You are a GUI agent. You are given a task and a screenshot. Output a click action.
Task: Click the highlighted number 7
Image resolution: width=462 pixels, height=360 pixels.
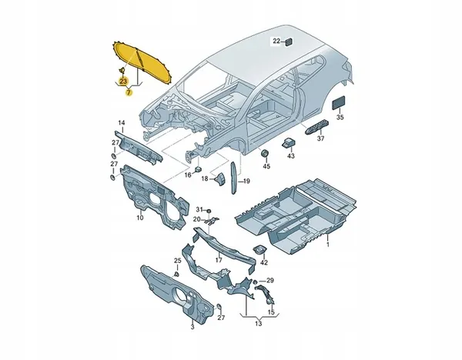point(129,91)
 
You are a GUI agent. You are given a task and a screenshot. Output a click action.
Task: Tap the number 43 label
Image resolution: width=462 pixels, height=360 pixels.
point(291,156)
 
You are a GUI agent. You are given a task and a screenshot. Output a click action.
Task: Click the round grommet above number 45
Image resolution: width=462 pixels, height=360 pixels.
point(266,150)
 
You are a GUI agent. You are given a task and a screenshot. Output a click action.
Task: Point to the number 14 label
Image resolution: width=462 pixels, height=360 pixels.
point(121,124)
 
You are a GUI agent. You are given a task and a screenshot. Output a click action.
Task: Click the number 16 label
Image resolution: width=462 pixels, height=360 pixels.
point(187,175)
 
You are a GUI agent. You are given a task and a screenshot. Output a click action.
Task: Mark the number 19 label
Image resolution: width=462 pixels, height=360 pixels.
point(246,182)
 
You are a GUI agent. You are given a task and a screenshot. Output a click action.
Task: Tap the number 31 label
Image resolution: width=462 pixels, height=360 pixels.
point(198,210)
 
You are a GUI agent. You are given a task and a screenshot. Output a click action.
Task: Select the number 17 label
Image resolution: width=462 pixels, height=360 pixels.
point(219,260)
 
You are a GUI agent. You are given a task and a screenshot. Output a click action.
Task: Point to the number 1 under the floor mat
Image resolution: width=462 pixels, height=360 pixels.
point(326,245)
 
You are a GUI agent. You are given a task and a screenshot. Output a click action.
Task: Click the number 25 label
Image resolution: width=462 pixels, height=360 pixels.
point(177,262)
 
